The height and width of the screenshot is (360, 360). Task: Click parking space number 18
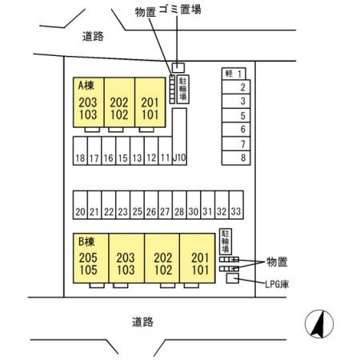(x=80, y=151)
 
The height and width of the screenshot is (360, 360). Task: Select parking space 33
(x=236, y=205)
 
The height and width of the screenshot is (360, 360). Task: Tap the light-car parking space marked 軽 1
(x=234, y=74)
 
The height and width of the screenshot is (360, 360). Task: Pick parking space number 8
(x=236, y=158)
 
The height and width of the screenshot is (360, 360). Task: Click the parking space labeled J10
(x=179, y=137)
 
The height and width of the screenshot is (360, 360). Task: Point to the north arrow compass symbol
(x=319, y=324)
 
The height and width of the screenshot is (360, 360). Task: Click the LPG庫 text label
(x=277, y=284)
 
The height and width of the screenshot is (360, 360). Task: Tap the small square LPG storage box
(x=233, y=278)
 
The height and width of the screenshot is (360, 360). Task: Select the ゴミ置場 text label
(x=180, y=10)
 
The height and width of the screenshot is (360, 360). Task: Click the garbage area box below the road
(x=178, y=67)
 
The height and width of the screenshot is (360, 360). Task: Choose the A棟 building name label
(x=86, y=86)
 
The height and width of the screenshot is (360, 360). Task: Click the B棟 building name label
(x=86, y=242)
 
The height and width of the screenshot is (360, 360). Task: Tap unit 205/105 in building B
(x=91, y=258)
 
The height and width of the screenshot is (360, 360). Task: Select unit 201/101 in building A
(x=150, y=102)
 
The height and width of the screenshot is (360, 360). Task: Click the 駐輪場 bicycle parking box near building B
(x=226, y=242)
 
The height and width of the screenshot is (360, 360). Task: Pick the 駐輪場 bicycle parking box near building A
(x=183, y=89)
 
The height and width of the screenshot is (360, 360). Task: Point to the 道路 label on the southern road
(x=143, y=322)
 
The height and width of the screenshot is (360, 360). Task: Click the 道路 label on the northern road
(x=93, y=36)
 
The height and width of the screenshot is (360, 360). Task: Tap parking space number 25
(x=137, y=205)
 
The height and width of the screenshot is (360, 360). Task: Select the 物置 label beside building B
(x=277, y=262)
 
